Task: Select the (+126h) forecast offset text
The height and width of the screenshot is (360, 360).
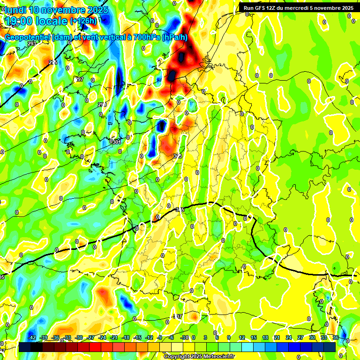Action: coord(84,21)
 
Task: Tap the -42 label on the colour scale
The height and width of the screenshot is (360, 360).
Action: coord(32,337)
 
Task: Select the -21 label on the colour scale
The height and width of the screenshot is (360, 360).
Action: coord(114,337)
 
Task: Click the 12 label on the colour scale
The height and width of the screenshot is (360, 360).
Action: coord(242,337)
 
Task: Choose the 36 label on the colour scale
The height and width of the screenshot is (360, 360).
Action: coord(336,337)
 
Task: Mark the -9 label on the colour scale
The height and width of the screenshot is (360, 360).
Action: coord(160,337)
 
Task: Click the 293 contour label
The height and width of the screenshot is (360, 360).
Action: coord(32,44)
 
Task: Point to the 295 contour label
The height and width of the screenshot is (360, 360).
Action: coord(53,62)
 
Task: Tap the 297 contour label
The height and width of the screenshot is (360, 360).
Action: coord(80,80)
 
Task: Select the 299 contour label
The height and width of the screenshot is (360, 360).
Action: coord(102,105)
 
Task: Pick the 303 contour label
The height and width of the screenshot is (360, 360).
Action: coord(177,156)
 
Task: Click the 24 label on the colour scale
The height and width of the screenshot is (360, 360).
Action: coord(289,337)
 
